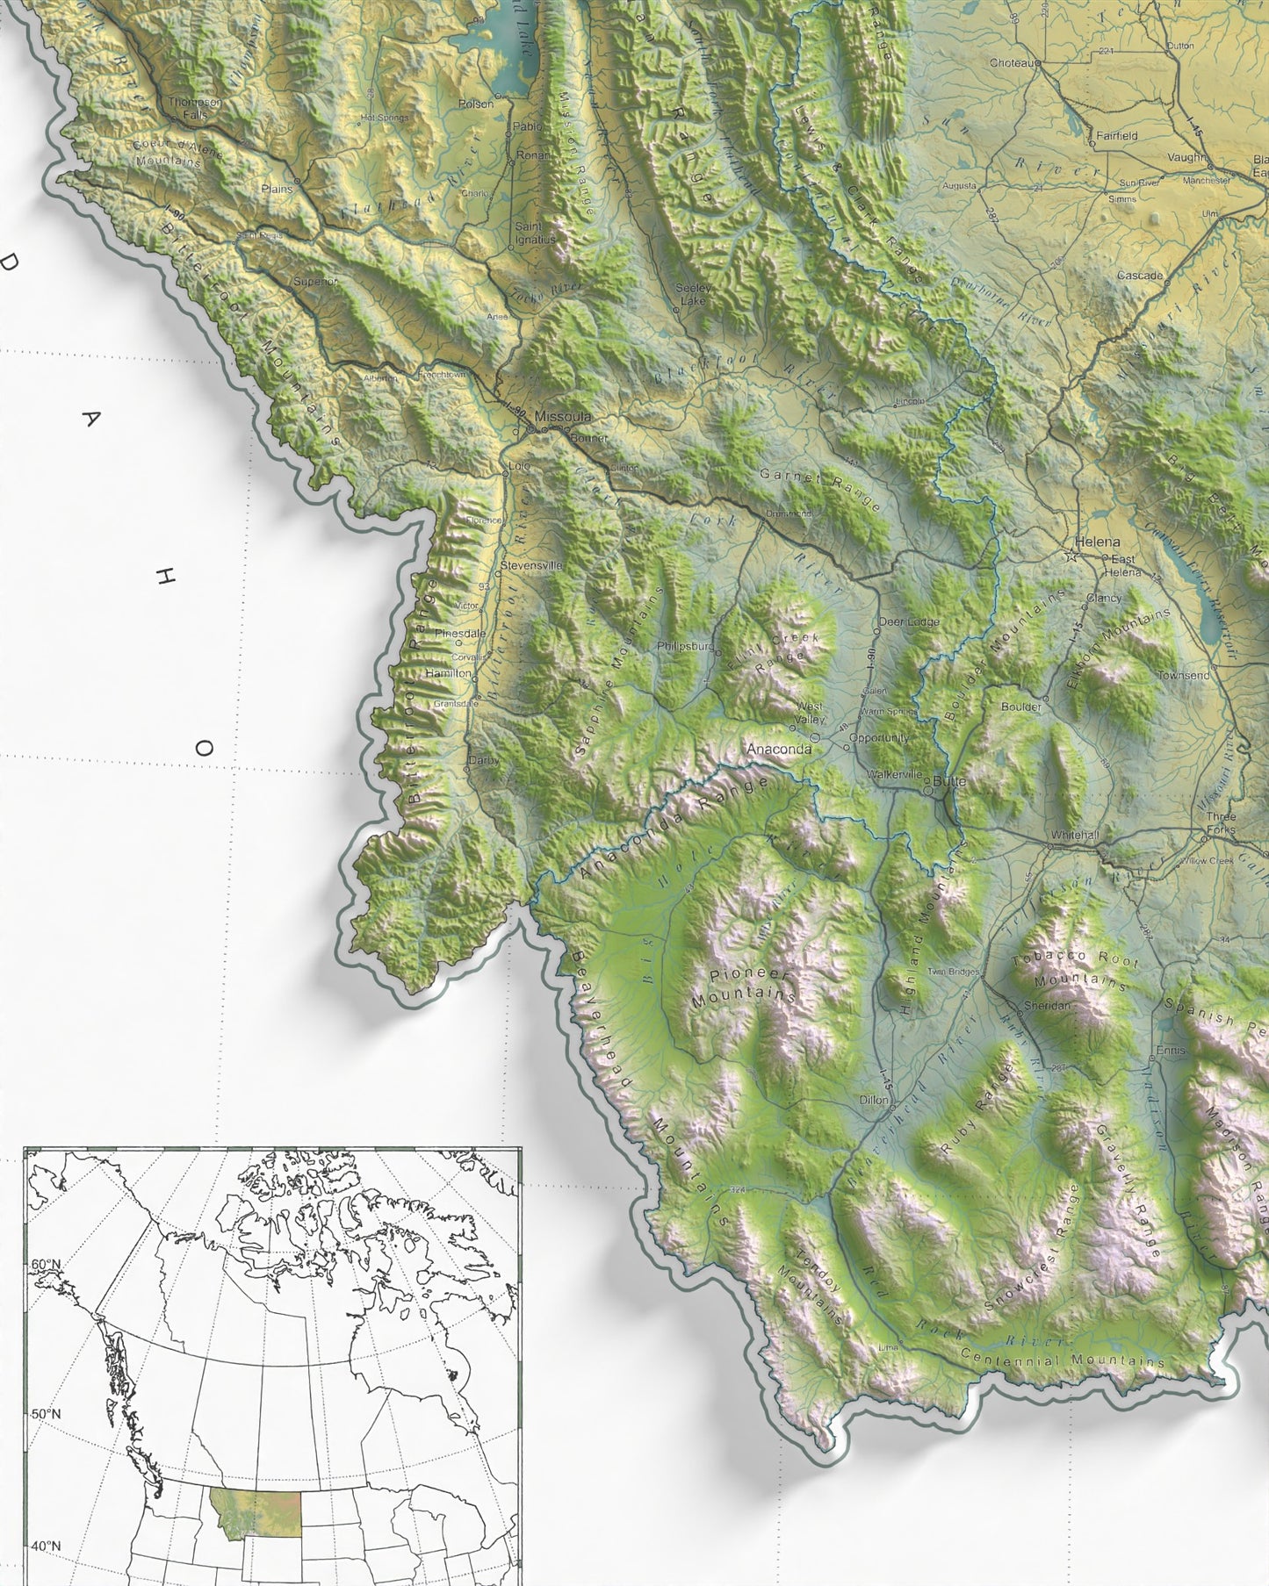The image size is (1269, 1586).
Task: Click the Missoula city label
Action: [x=563, y=416]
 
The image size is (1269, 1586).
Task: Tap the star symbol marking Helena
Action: [x=1071, y=556]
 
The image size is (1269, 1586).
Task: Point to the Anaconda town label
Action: [x=778, y=750]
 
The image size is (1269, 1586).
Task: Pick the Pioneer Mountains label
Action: [x=744, y=987]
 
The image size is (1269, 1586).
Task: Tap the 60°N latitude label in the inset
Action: [x=46, y=1263]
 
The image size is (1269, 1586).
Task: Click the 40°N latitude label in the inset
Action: [x=46, y=1546]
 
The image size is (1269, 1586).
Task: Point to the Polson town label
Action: [x=477, y=104]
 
